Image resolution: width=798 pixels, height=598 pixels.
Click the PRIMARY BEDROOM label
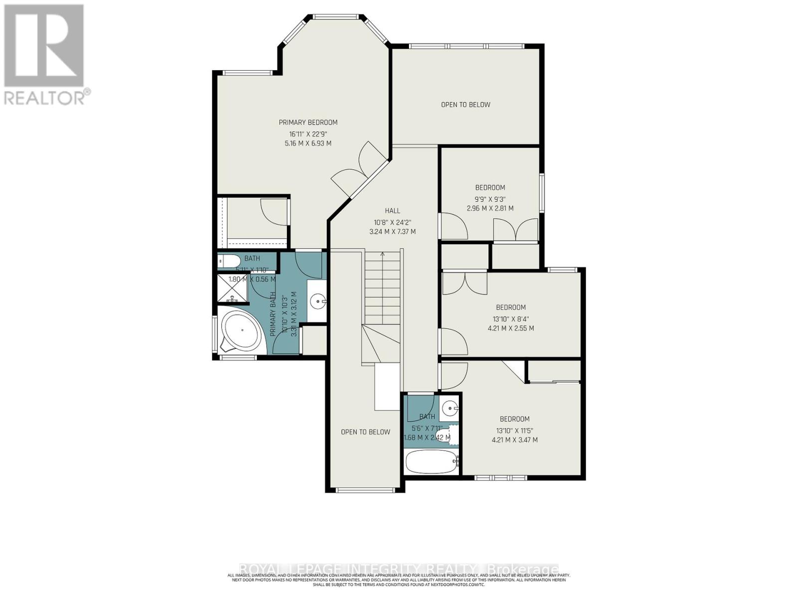[x=308, y=122]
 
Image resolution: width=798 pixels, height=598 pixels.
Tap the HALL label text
[x=392, y=211]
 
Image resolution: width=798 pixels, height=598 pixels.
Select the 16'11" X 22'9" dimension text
[x=308, y=134]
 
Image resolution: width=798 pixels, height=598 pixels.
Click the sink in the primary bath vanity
[x=317, y=301]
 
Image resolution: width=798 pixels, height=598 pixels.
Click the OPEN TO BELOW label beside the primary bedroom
[x=465, y=105]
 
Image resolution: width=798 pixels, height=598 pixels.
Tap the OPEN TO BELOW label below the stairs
[x=366, y=432]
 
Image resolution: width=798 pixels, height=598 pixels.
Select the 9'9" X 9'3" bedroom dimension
[x=490, y=198]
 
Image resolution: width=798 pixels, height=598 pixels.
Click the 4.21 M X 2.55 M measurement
[x=511, y=328]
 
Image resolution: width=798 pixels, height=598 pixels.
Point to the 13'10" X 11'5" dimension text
[x=515, y=430]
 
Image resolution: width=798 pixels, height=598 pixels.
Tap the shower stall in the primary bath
[x=232, y=289]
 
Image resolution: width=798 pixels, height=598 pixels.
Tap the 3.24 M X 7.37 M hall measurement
[x=392, y=232]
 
